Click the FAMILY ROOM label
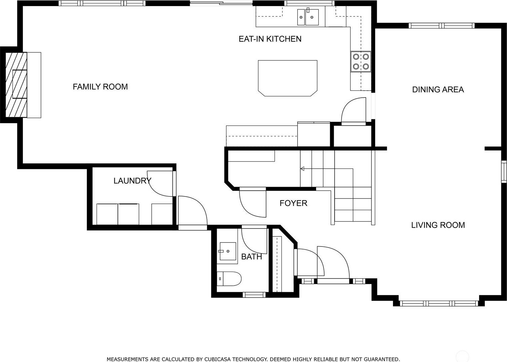click(100, 87)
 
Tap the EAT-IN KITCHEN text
click(270, 39)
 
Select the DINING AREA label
click(438, 90)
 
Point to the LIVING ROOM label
click(438, 225)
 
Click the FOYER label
click(293, 203)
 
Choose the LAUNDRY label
click(133, 181)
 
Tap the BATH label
click(251, 257)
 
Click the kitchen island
click(288, 78)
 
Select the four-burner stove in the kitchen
click(361, 61)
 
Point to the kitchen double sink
click(308, 17)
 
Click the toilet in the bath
click(229, 279)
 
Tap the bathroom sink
click(227, 251)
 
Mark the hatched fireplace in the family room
click(16, 85)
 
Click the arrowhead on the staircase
click(302, 169)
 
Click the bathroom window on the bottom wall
click(254, 295)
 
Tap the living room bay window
click(439, 303)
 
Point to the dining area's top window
click(441, 26)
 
